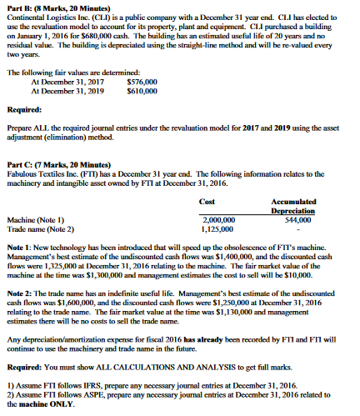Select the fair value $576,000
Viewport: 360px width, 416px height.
141,105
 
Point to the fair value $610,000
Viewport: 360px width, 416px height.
141,113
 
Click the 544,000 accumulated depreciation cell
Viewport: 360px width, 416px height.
325,219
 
